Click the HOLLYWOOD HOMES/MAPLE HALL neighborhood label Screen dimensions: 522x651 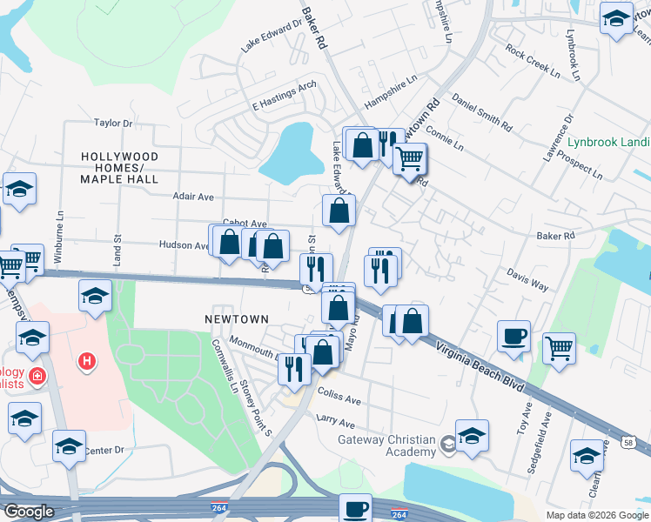[x=119, y=168]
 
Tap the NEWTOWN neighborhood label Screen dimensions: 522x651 [x=236, y=319]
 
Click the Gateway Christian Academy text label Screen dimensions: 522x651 [x=386, y=445]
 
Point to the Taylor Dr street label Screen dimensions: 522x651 [x=112, y=124]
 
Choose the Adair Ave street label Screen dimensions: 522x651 [x=192, y=197]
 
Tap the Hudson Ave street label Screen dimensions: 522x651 [x=184, y=246]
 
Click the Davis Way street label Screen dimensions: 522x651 [x=527, y=278]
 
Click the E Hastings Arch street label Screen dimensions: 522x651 [x=284, y=97]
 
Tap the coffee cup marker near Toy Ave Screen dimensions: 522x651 [x=514, y=337]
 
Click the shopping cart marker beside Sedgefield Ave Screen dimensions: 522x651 [x=559, y=349]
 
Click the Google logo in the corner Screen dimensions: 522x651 [x=29, y=512]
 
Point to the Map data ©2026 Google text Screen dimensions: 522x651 [x=597, y=515]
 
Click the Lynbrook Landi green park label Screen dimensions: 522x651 [x=608, y=142]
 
